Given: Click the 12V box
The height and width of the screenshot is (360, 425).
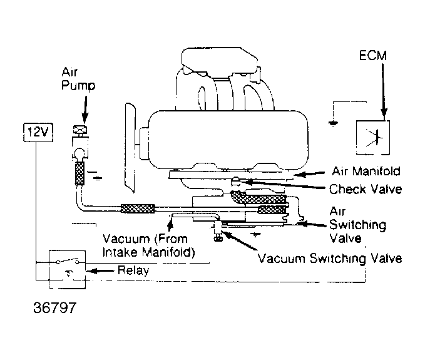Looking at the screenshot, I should coord(31,132).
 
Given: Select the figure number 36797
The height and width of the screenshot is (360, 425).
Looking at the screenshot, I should coord(54,309).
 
